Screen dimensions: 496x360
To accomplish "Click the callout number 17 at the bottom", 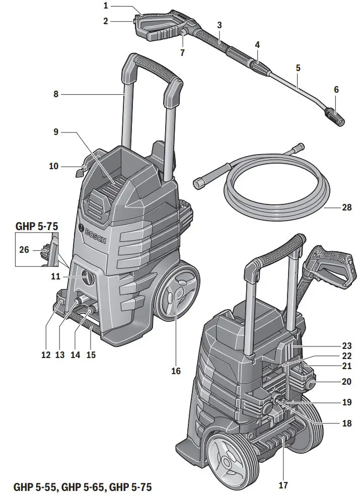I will (284, 486).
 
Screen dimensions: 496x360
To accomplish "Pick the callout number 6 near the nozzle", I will (336, 90).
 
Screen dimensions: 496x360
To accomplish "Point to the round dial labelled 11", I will (87, 277).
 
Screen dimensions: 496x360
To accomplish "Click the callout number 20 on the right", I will (346, 382).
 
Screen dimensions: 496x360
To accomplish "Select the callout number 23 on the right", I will (346, 346).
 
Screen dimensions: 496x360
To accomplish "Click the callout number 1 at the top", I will (106, 6).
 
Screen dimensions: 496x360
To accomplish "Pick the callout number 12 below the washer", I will (46, 355).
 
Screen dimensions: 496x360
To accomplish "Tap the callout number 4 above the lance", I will (257, 45).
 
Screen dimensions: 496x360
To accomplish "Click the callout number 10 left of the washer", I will (54, 166).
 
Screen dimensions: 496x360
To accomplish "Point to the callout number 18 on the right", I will (346, 423).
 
